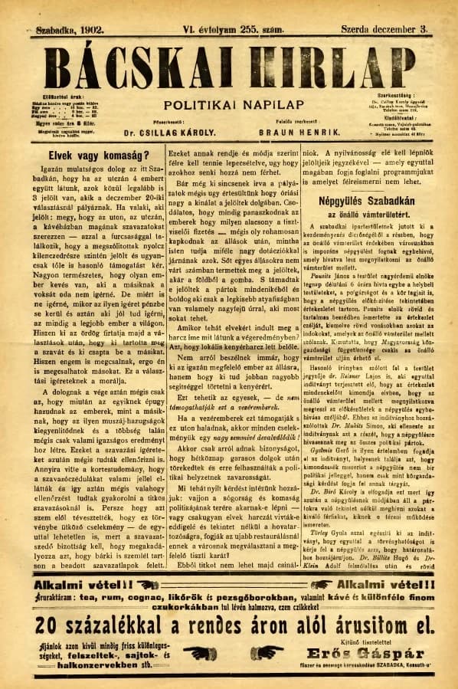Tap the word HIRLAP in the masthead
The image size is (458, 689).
coord(333,65)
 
